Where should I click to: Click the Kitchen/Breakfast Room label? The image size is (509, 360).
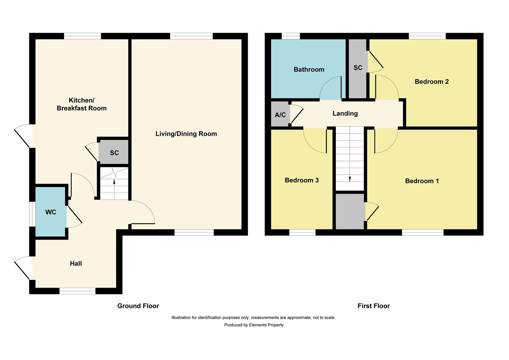click(82, 104)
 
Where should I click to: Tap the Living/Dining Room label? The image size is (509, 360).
click(186, 134)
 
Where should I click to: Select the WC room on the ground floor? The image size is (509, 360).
click(51, 212)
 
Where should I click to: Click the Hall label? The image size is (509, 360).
click(76, 263)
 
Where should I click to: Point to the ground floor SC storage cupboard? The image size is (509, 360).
click(114, 153)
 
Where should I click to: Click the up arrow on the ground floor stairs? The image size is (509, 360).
click(114, 182)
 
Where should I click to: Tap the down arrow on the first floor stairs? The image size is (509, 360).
click(350, 179)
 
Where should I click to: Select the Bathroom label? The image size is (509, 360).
click(309, 69)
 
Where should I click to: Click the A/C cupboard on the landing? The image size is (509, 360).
click(280, 115)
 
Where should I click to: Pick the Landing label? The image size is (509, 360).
click(345, 113)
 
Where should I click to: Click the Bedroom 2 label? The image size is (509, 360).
click(431, 81)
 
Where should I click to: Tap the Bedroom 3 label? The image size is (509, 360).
click(301, 180)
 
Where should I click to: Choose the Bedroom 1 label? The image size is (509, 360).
click(422, 181)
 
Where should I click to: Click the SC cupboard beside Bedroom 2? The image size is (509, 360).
click(358, 68)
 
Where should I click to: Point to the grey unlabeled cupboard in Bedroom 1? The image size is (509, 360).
click(350, 211)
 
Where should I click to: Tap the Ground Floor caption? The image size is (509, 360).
click(138, 306)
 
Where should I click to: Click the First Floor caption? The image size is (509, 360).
click(373, 306)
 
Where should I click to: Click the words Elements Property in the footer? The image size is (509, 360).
click(266, 325)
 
